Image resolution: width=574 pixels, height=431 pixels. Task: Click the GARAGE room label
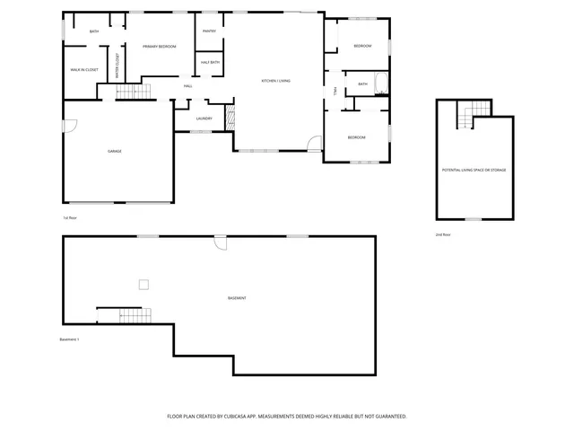point(115,151)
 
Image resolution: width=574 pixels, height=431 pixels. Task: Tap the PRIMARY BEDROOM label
point(159,46)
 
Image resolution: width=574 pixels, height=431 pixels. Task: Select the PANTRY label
point(209,31)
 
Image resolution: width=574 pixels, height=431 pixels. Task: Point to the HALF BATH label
point(210,62)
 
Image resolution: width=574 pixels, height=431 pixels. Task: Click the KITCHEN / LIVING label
point(275,81)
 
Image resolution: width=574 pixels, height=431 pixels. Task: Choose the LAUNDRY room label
point(204,119)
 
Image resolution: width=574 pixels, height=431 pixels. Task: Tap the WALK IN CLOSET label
point(84,69)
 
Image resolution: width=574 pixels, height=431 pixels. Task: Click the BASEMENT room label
point(237,297)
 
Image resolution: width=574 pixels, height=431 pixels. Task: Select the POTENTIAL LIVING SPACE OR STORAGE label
point(474,169)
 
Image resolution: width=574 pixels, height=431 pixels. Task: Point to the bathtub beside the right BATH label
point(381,84)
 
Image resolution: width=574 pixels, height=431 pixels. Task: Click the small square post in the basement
point(142,285)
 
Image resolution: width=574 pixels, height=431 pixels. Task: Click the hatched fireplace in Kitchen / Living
point(228,116)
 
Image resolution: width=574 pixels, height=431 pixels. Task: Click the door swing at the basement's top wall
point(221,242)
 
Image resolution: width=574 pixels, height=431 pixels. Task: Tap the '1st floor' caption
point(70,218)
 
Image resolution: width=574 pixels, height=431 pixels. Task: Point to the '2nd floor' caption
point(443,234)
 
